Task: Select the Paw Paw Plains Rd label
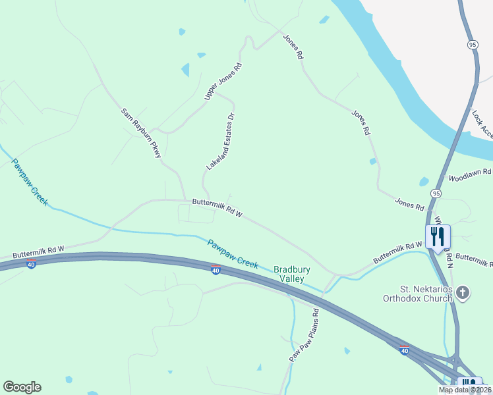click(304, 336)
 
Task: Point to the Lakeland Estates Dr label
click(221, 142)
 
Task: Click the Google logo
click(22, 387)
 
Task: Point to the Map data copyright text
click(465, 390)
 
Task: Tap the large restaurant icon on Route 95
click(438, 236)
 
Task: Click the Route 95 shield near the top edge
click(472, 44)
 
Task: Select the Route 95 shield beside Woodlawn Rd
click(436, 193)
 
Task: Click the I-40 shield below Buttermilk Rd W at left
click(31, 264)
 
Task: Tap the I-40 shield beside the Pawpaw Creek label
click(216, 270)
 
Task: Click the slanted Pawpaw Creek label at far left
click(30, 182)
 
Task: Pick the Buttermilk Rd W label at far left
click(38, 250)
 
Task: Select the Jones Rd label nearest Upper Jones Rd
click(293, 47)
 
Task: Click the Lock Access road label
click(482, 124)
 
